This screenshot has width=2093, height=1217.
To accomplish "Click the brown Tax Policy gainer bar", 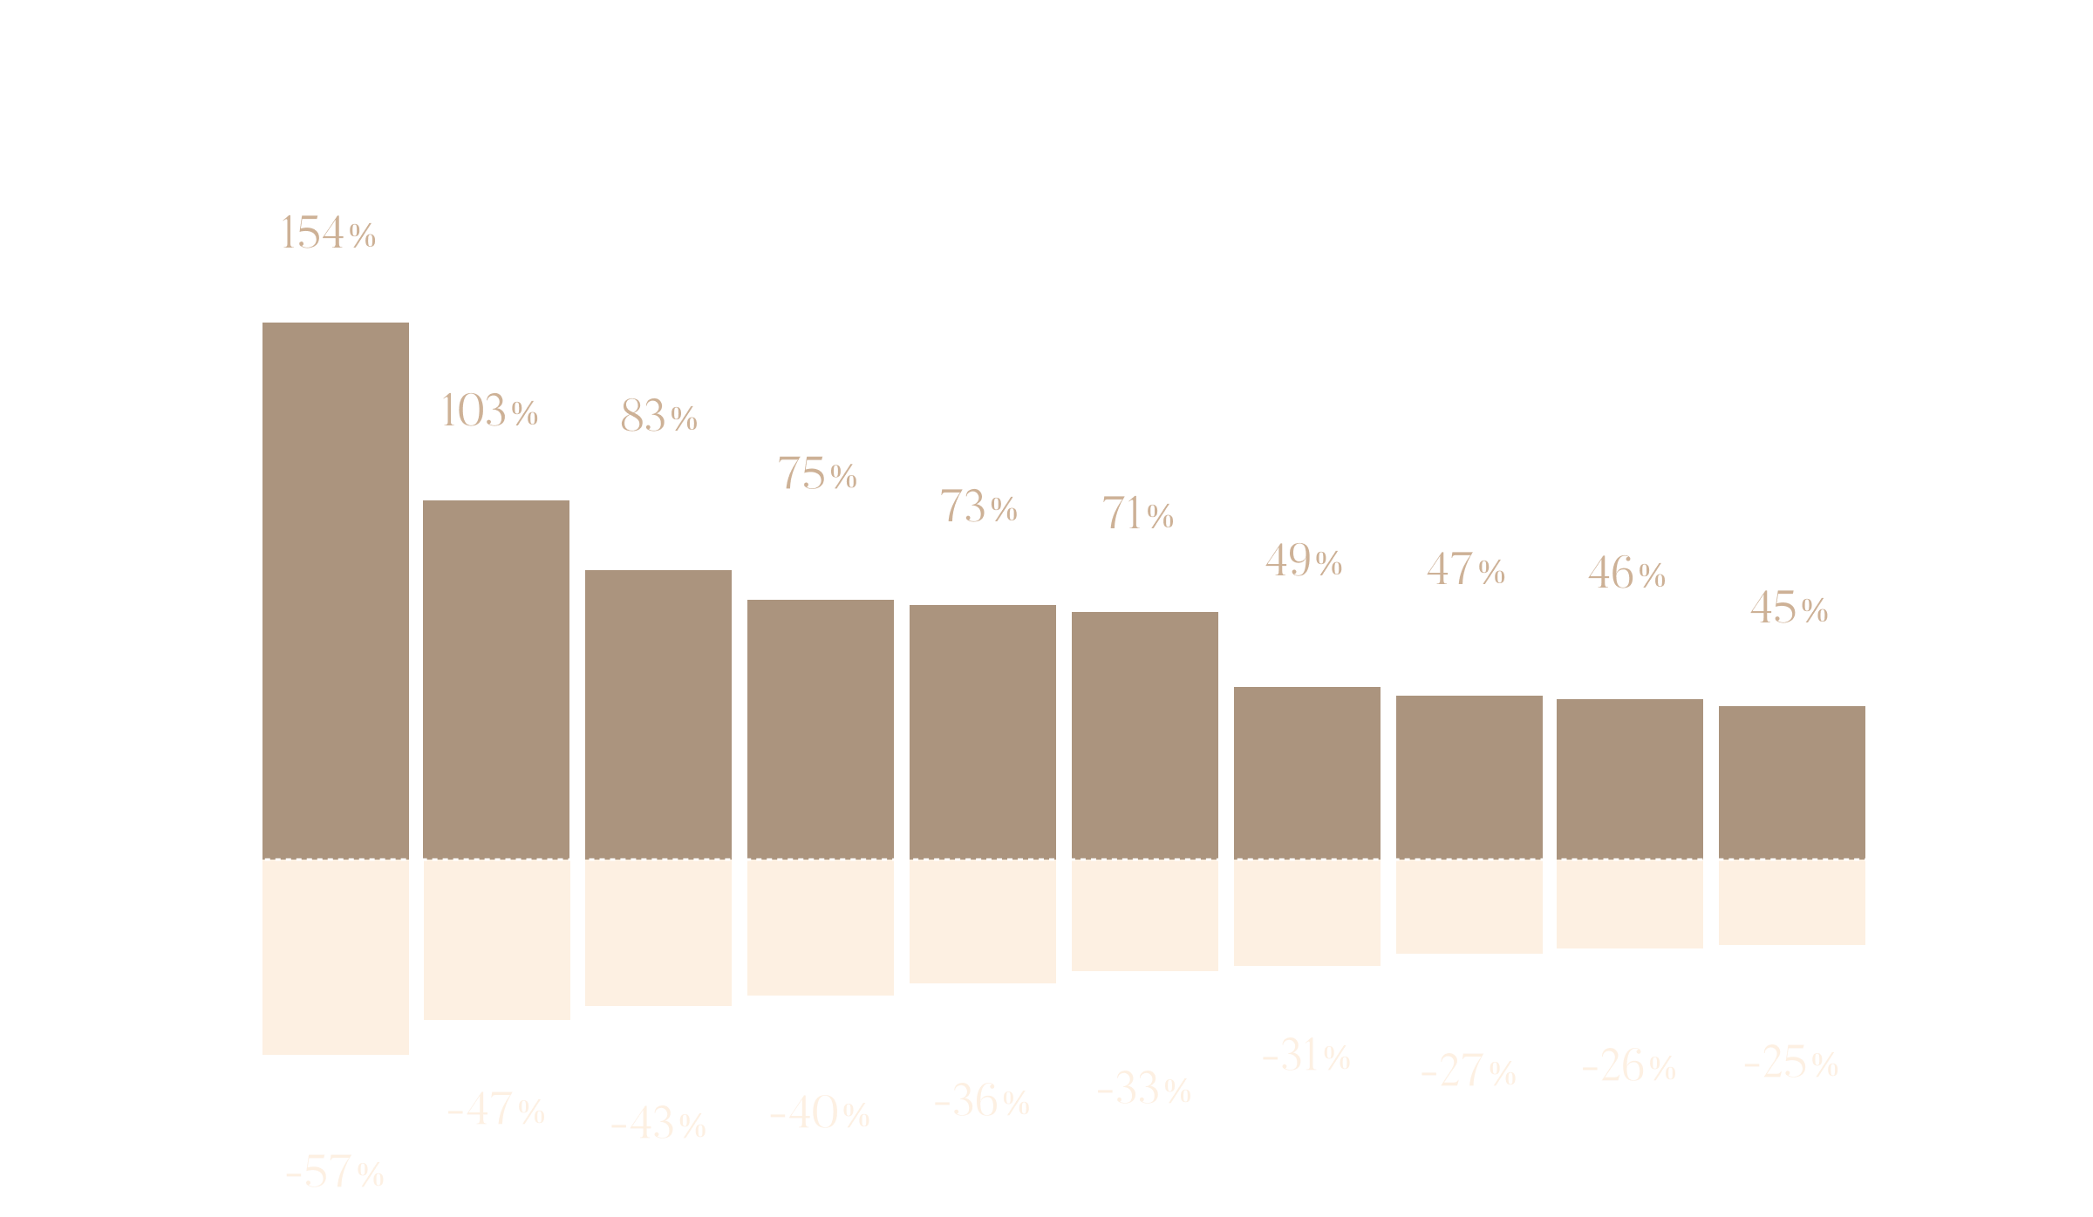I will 335,589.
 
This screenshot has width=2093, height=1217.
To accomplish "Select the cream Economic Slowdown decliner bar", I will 335,957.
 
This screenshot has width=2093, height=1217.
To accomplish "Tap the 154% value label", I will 327,233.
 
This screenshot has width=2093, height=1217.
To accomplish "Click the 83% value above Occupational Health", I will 658,416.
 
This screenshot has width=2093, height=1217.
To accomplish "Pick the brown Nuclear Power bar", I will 820,729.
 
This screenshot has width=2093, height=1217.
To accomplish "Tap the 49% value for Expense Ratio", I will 1304,561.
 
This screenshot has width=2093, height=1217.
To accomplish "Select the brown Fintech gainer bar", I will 1791,782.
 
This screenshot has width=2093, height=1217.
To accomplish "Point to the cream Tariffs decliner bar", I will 1306,913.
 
